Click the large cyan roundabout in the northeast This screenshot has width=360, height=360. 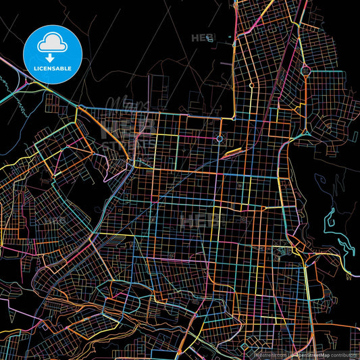point(305,70)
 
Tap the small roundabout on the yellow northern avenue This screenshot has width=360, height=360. point(251,86)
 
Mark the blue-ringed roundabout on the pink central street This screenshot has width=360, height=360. point(220,139)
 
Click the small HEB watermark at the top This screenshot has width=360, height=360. point(201,37)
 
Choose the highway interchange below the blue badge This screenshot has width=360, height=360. point(34,84)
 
